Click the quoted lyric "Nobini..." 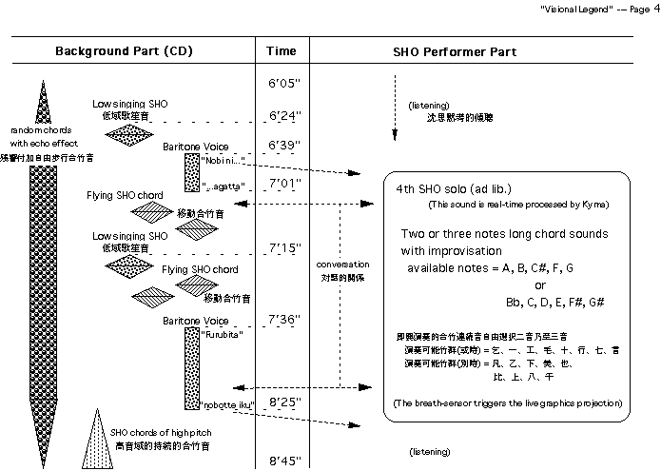[x=224, y=160]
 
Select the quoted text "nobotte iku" [x=228, y=405]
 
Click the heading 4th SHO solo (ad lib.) [x=446, y=188]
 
